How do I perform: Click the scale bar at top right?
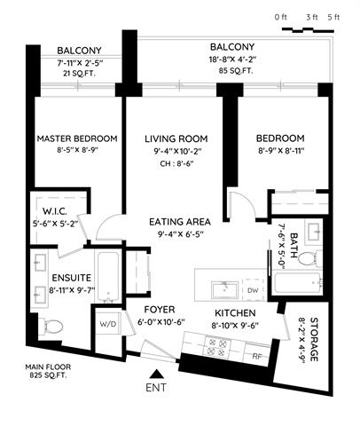pyautogui.click(x=308, y=29)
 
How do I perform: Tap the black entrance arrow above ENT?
pyautogui.click(x=156, y=375)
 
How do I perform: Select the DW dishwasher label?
pyautogui.click(x=253, y=290)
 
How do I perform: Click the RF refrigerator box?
pyautogui.click(x=257, y=353)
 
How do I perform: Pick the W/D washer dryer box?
pyautogui.click(x=108, y=323)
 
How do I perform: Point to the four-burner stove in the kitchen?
pyautogui.click(x=217, y=347)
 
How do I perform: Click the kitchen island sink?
pyautogui.click(x=224, y=290)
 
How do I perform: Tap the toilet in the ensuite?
pyautogui.click(x=51, y=327)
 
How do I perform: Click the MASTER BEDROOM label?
pyautogui.click(x=77, y=138)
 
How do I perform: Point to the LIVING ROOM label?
pyautogui.click(x=176, y=138)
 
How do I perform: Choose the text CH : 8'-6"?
pyautogui.click(x=176, y=163)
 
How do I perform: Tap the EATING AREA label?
pyautogui.click(x=180, y=222)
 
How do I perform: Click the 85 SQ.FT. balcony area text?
pyautogui.click(x=236, y=71)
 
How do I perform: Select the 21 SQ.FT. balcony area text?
pyautogui.click(x=79, y=74)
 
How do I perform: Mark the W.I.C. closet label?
pyautogui.click(x=55, y=211)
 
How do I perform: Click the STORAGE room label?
pyautogui.click(x=314, y=340)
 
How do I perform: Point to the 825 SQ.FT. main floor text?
pyautogui.click(x=48, y=375)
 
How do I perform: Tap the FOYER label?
pyautogui.click(x=160, y=310)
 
